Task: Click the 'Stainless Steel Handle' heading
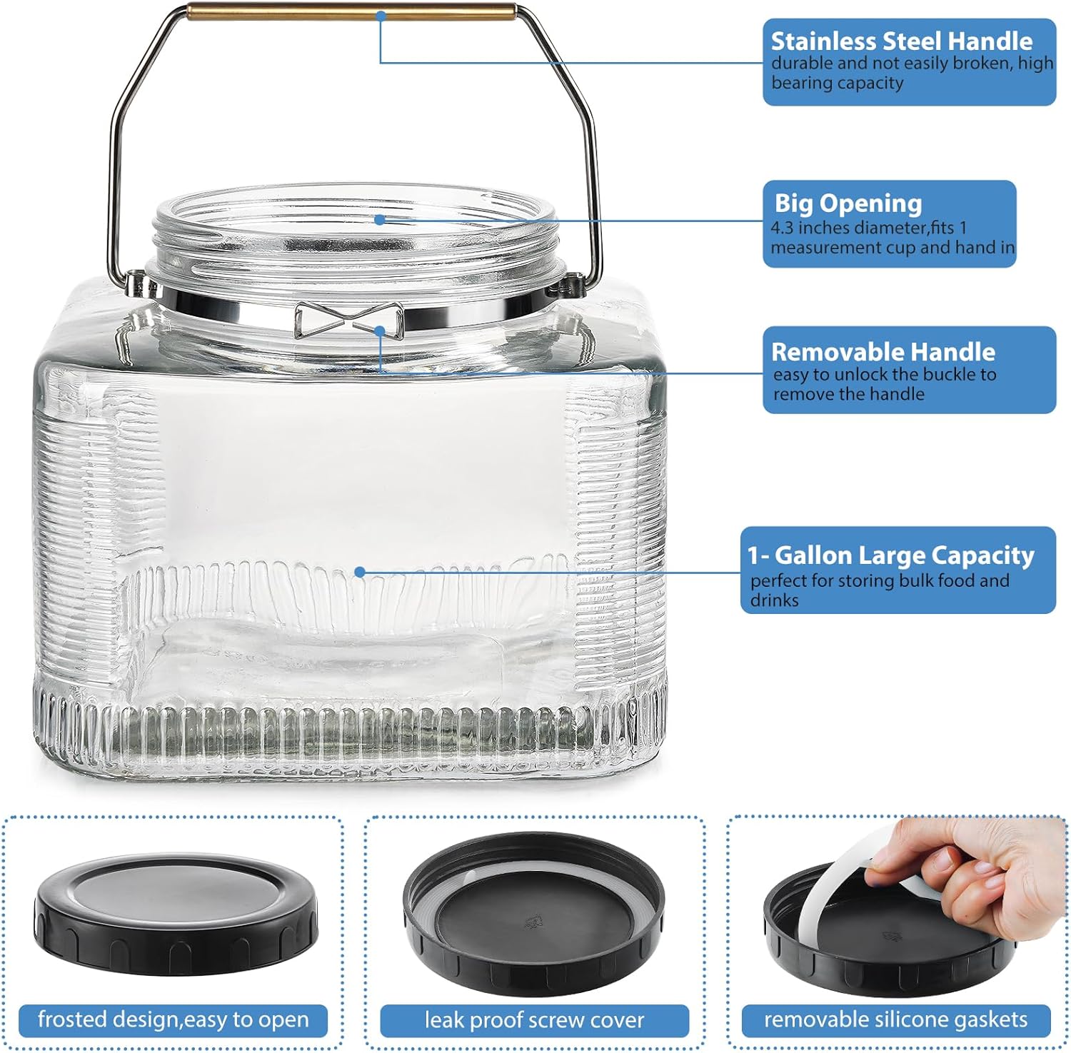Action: (x=901, y=41)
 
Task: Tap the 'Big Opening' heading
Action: (x=848, y=203)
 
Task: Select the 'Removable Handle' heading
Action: (x=883, y=352)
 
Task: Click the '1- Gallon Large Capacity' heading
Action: (x=891, y=555)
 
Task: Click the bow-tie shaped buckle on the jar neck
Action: (x=348, y=320)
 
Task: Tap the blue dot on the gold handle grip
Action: (x=381, y=14)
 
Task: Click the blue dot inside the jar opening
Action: (x=380, y=220)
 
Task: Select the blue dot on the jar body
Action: (x=360, y=572)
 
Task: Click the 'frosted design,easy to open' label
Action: (x=173, y=1019)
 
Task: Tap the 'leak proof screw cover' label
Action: (x=534, y=1020)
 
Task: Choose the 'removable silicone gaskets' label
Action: (x=895, y=1019)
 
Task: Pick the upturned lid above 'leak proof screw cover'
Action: (x=534, y=917)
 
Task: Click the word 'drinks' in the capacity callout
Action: (x=774, y=600)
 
